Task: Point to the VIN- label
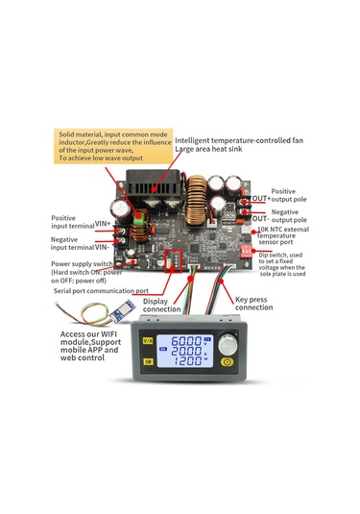coord(103,244)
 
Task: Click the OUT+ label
coord(260,198)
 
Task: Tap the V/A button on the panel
coord(148,340)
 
